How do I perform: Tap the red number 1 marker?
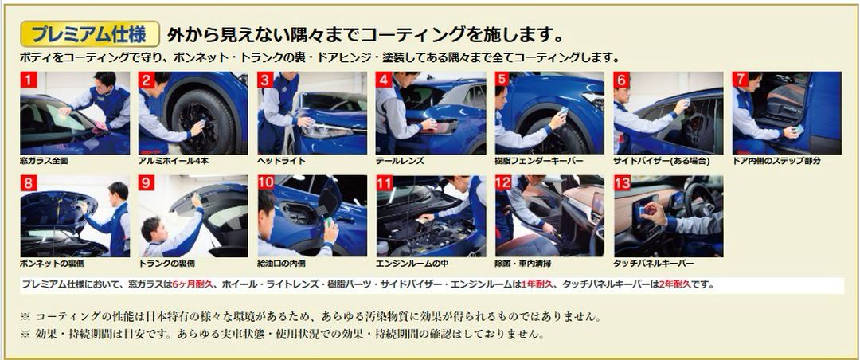28,80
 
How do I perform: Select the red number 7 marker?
741,80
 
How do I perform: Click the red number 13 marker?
622,183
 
